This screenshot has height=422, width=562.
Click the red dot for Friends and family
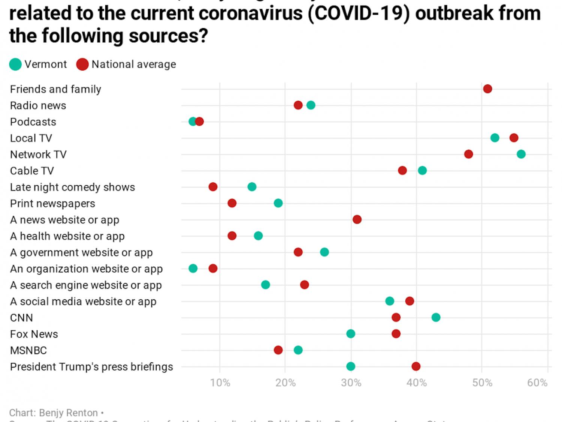point(487,89)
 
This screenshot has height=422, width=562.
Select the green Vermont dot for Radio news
point(311,105)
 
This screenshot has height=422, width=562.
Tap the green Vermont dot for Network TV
point(521,154)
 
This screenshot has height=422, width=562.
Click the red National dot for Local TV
point(514,138)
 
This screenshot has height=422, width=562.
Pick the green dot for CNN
point(436,317)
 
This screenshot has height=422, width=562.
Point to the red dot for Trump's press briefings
point(416,366)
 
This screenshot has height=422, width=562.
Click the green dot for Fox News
point(351,334)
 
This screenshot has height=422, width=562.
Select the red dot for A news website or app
point(357,219)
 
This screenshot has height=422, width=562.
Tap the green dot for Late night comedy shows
point(252,187)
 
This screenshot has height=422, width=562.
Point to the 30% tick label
point(351,383)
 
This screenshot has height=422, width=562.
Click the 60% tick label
point(537,383)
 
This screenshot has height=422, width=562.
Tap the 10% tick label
point(220,383)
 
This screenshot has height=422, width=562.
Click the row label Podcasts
point(33,122)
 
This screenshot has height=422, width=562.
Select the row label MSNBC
point(28,350)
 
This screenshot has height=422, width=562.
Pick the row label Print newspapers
point(52,203)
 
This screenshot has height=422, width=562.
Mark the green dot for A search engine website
point(265,285)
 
